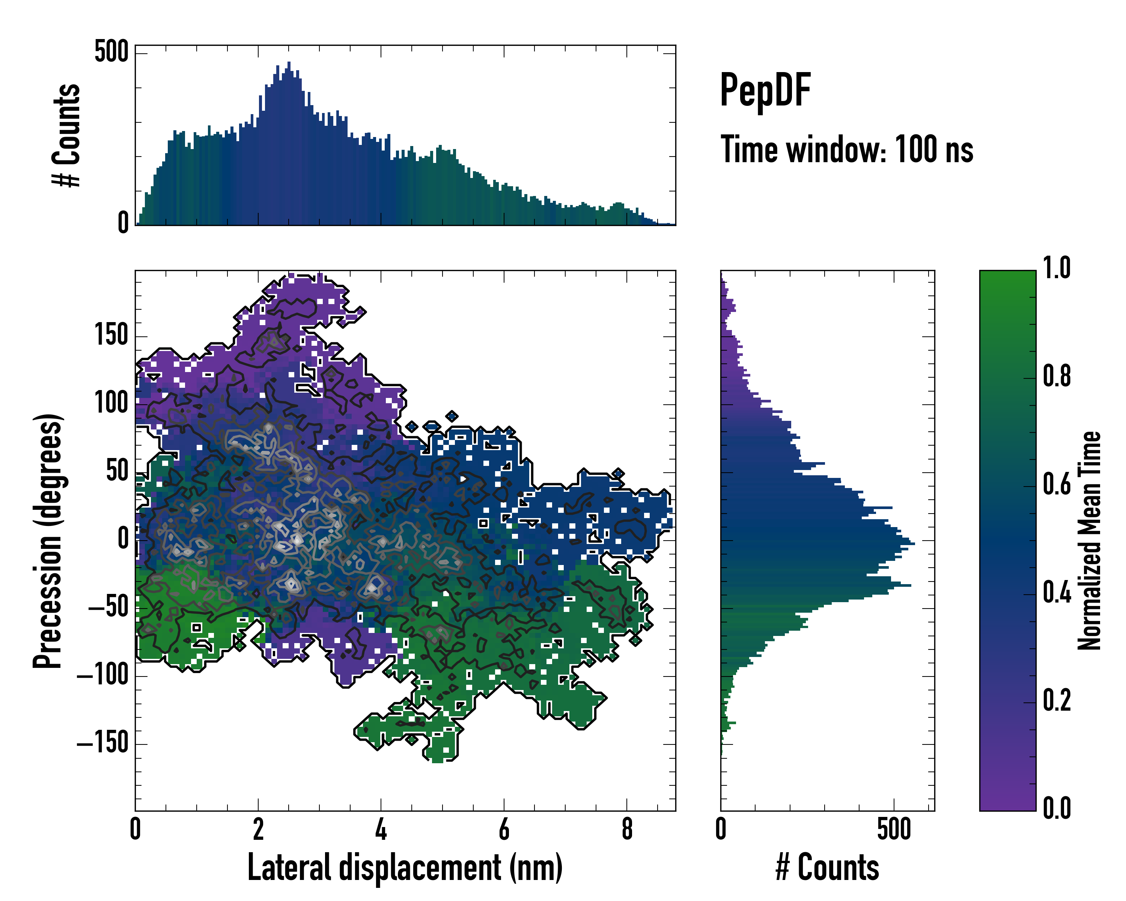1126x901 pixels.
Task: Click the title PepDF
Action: (x=765, y=90)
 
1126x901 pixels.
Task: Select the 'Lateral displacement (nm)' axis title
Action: (x=405, y=867)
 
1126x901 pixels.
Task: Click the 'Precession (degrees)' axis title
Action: (x=48, y=541)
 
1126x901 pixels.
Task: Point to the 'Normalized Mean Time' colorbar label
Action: (x=1089, y=541)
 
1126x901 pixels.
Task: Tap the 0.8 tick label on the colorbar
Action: (x=1057, y=376)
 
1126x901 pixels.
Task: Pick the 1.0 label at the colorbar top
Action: (x=1057, y=268)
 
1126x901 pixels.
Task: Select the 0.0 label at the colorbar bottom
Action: (x=1057, y=808)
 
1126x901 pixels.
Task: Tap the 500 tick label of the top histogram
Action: (x=111, y=52)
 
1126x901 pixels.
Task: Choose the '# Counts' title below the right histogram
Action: (x=827, y=867)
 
